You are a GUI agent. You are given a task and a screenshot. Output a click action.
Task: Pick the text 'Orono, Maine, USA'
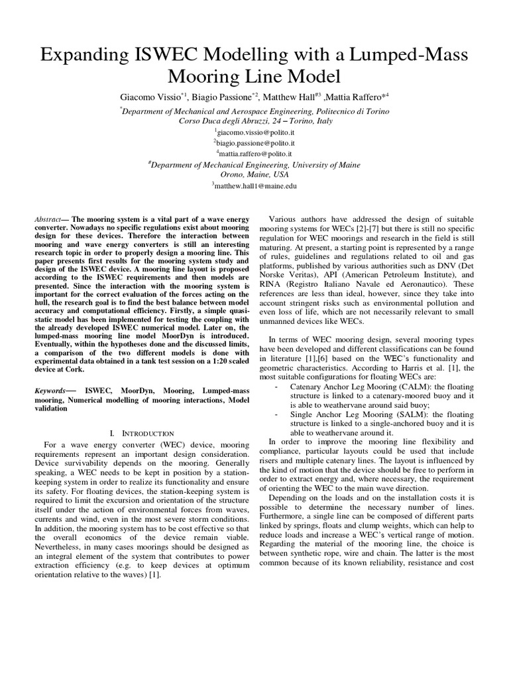[x=254, y=175]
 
